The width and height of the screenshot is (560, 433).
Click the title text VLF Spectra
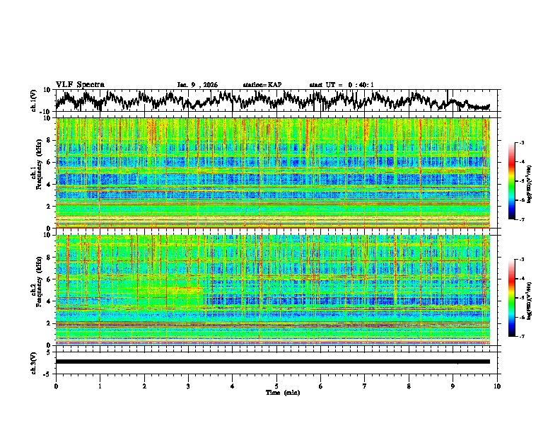pos(80,84)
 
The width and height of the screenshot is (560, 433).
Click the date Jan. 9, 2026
pos(197,85)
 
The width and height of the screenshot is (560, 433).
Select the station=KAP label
pos(262,85)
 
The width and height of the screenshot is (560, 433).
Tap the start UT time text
pos(342,85)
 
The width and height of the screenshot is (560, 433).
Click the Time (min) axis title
pos(276,392)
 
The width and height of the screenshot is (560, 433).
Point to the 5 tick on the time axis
pos(276,386)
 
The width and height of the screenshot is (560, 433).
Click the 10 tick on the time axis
pos(497,386)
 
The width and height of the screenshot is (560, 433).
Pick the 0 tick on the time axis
pos(56,386)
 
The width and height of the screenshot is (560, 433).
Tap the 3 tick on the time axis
pos(188,386)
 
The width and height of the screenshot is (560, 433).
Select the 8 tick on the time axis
pos(409,386)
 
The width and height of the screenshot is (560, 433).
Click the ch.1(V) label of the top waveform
pos(35,101)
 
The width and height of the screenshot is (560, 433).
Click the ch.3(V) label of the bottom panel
pos(35,361)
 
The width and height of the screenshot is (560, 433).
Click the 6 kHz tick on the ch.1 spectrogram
pos(49,162)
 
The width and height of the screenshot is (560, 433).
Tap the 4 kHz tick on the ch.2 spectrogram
pos(49,301)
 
